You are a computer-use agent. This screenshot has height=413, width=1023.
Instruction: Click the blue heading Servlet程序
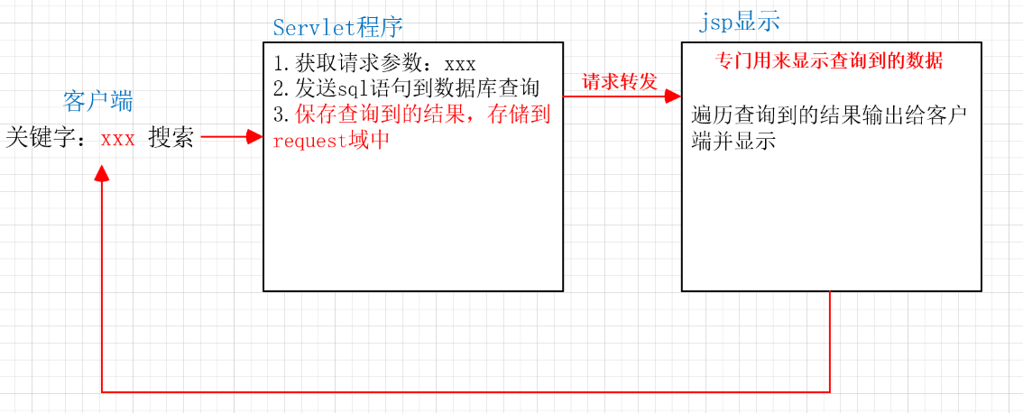337,27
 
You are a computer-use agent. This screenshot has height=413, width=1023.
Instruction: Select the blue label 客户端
98,100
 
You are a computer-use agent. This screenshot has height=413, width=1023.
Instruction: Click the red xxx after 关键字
118,139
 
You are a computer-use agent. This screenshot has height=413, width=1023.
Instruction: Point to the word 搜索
171,139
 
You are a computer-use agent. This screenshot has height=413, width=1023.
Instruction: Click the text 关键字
41,139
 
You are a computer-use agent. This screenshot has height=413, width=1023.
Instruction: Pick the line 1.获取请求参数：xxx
373,64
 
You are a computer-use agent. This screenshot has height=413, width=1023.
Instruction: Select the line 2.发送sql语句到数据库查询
405,89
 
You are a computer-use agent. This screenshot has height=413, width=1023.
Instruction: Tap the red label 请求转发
620,82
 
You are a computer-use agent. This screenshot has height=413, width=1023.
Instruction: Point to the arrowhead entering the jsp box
674,94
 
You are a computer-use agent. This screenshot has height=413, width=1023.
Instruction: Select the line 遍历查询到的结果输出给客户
828,116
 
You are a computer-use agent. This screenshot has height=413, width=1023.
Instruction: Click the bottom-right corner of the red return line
829,392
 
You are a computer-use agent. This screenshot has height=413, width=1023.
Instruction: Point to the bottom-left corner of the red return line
102,392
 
